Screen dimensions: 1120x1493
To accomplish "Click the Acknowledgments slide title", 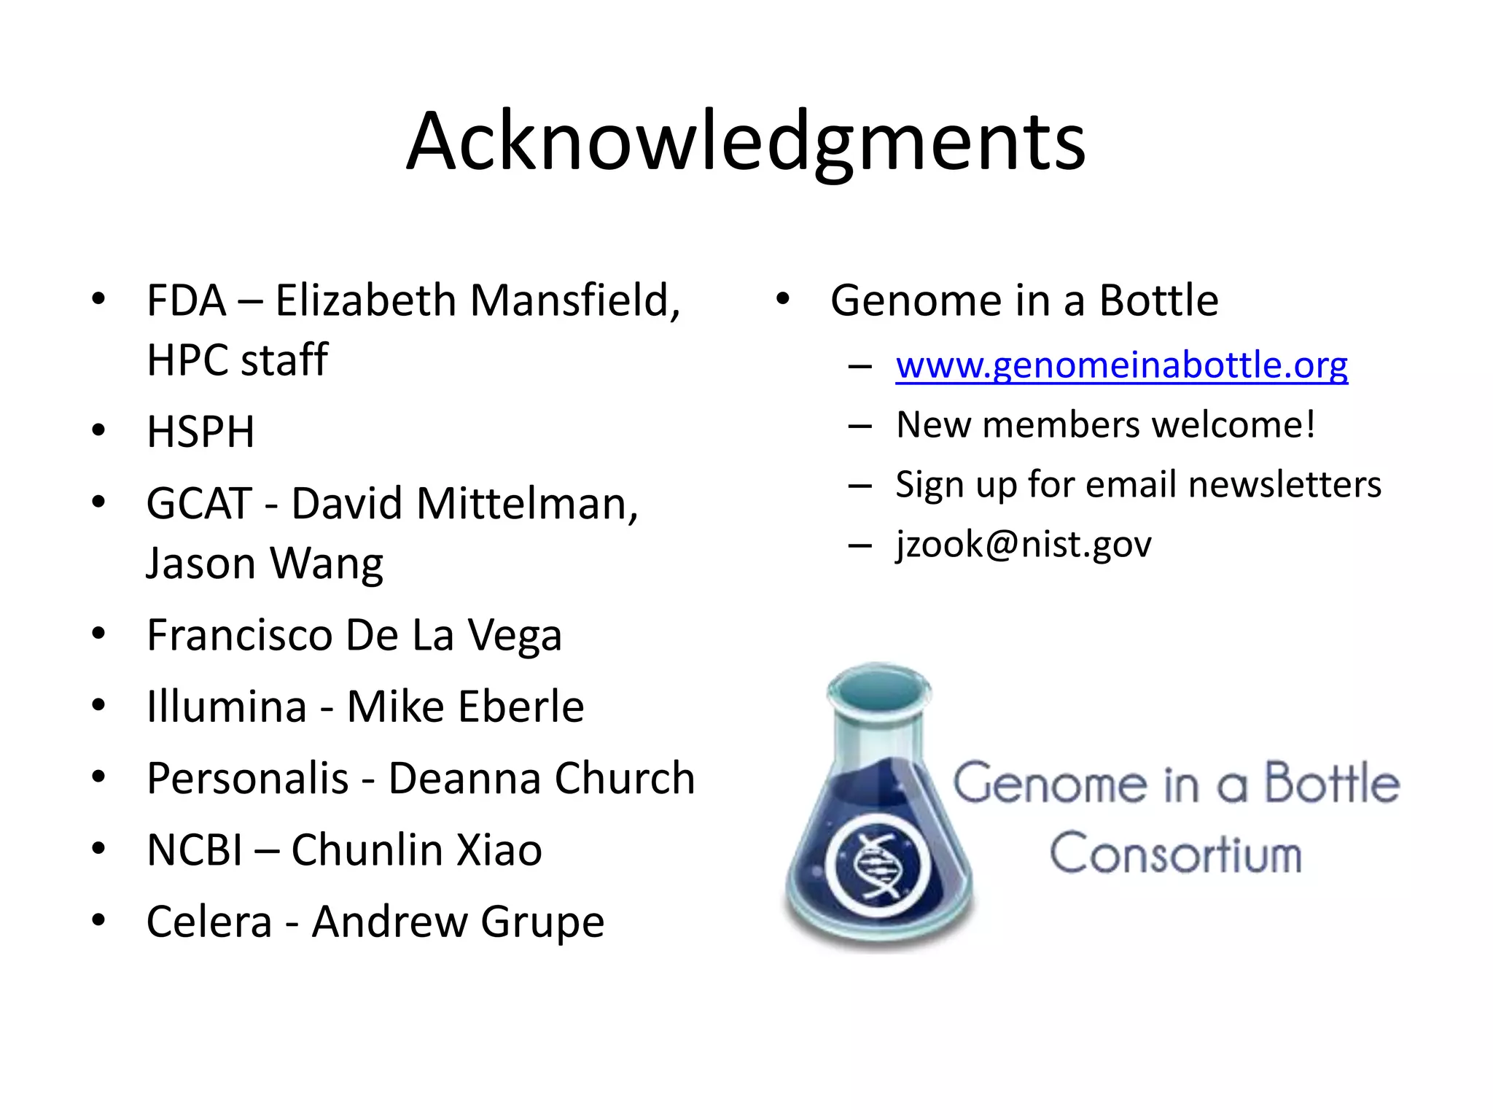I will click(746, 142).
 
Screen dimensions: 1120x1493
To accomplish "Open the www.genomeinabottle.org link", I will click(1121, 365).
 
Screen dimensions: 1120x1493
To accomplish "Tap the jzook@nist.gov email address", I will click(1024, 544).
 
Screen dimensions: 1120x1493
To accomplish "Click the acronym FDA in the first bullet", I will click(187, 300).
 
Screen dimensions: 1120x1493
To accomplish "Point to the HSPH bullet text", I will click(200, 432).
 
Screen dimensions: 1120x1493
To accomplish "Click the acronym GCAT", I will click(198, 504).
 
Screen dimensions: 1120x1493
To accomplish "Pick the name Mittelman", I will click(526, 504).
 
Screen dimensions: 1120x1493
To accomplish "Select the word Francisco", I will click(240, 635).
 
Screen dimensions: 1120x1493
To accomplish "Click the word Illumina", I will click(227, 707).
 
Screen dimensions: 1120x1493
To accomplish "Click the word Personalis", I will click(247, 778).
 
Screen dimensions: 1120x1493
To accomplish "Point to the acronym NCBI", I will click(194, 850).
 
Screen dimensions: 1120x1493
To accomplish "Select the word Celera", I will click(209, 922).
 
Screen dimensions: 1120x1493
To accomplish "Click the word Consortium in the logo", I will click(1175, 853).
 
